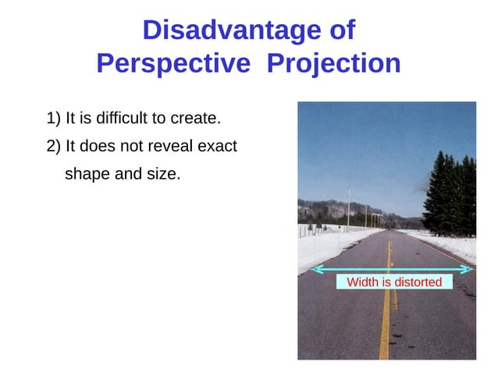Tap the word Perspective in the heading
click(173, 63)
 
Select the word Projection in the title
click(333, 63)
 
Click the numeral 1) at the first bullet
click(54, 119)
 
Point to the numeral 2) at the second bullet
click(54, 146)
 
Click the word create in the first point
click(197, 119)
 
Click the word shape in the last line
click(87, 173)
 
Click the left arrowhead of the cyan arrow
click(315, 269)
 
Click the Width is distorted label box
click(394, 282)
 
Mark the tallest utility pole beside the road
click(348, 207)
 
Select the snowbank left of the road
click(324, 246)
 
